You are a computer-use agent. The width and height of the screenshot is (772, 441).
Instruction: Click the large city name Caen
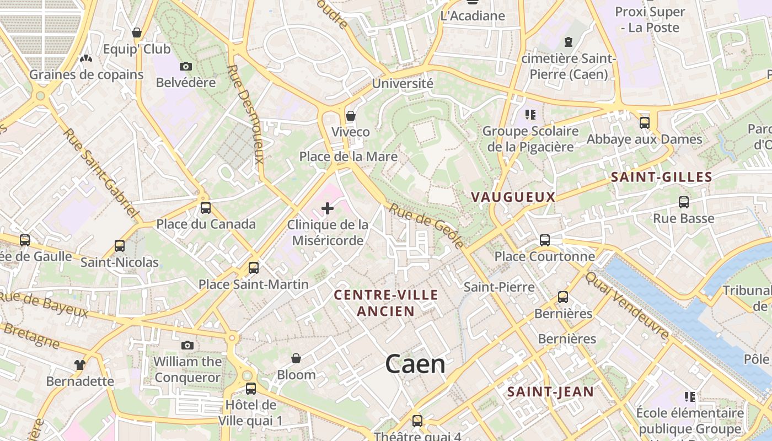click(x=415, y=364)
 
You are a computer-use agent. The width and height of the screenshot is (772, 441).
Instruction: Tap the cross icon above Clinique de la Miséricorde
click(x=328, y=208)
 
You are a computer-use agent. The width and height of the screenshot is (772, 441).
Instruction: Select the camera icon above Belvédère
click(x=186, y=66)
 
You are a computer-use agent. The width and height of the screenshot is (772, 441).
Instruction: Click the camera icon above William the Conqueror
click(x=187, y=345)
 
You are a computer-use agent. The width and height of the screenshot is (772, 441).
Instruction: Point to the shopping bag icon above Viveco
click(x=350, y=116)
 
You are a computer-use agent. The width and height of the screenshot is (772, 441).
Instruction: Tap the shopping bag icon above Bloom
click(x=296, y=358)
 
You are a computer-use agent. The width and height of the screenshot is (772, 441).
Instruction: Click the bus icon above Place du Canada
click(x=206, y=207)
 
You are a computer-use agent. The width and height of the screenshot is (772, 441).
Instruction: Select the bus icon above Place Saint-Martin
click(x=253, y=268)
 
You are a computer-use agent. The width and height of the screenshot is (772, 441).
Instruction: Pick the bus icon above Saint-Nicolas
click(x=120, y=246)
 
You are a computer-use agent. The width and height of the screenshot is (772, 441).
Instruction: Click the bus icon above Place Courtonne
click(x=545, y=240)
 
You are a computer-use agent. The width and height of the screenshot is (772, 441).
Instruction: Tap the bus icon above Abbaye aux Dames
click(x=644, y=122)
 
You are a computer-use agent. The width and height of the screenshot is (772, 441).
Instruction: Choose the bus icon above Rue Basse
click(x=684, y=202)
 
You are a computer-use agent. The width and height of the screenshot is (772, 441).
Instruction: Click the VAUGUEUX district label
click(x=513, y=197)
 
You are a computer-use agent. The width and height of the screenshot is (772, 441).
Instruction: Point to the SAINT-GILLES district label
click(x=662, y=177)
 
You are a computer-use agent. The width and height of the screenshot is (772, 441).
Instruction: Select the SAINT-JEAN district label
click(x=550, y=392)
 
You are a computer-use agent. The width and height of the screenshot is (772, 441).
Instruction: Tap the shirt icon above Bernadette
click(x=80, y=364)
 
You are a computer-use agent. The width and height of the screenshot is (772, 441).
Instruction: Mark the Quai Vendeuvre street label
click(x=628, y=305)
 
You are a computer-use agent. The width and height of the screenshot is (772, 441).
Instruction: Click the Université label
click(x=403, y=84)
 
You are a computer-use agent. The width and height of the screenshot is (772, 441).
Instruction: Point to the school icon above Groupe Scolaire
click(x=530, y=115)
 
